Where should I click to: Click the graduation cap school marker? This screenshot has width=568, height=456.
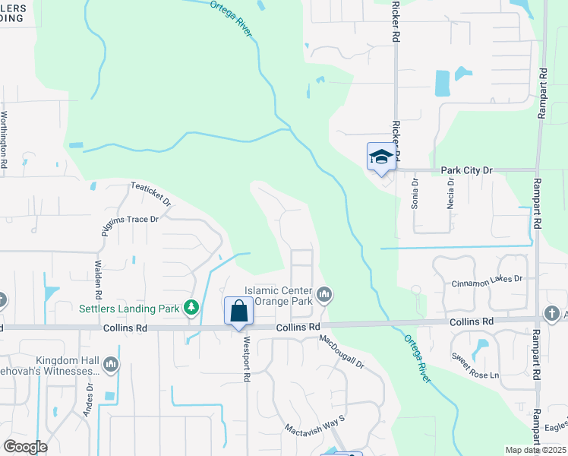point(381,157)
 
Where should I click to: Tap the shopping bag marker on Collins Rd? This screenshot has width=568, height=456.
point(238,311)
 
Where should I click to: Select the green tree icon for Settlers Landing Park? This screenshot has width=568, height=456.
point(192,308)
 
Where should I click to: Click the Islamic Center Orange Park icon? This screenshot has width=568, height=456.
point(324,294)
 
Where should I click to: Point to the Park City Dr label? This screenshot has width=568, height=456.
point(467,171)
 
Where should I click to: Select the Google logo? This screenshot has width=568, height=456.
point(25,447)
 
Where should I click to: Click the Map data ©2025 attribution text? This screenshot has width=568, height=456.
point(535,450)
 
